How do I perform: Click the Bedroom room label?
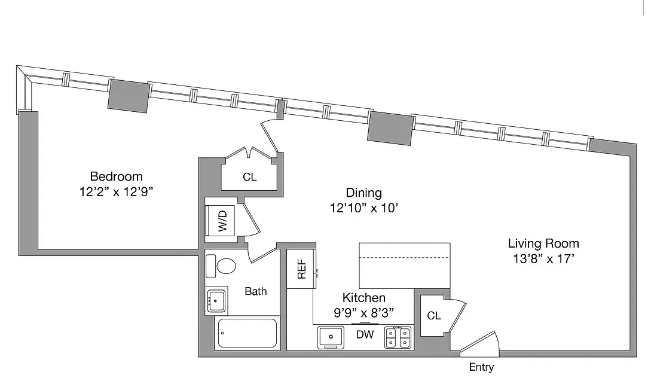tap(116, 176)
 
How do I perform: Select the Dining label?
tap(363, 193)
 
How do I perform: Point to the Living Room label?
tap(543, 243)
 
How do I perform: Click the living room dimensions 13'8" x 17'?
tap(543, 260)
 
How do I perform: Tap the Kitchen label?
tap(363, 297)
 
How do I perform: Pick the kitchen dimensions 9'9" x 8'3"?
tap(363, 312)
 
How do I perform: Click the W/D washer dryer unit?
tap(222, 221)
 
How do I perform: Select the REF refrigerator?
tap(301, 269)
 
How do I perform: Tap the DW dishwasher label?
tap(365, 335)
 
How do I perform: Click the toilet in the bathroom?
tap(222, 266)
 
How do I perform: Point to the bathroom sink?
tap(216, 300)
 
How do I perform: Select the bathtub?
tap(247, 333)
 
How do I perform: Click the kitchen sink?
tap(329, 337)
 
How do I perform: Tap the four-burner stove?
tap(398, 337)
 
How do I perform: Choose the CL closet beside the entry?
tap(434, 315)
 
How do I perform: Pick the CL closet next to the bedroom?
tap(249, 177)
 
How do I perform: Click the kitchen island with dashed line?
tap(404, 265)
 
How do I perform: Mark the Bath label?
tap(256, 291)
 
